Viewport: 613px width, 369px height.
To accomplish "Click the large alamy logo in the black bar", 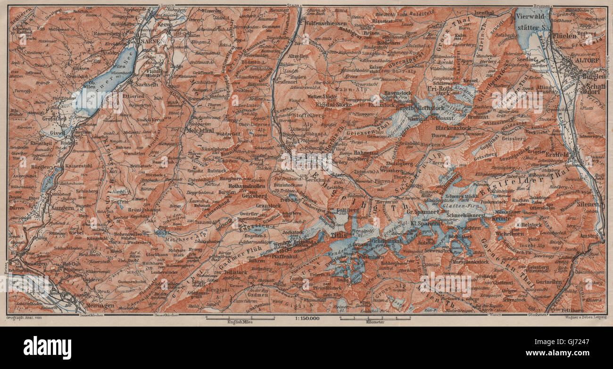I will tap(47, 348).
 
